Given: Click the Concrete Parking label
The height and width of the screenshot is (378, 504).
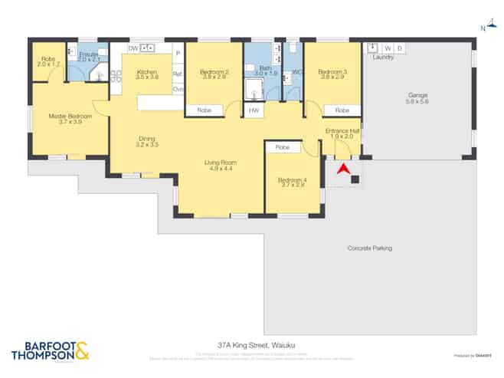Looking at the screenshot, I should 370,248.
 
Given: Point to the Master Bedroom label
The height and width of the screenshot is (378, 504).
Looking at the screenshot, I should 70,116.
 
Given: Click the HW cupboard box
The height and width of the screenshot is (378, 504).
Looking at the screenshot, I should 254,110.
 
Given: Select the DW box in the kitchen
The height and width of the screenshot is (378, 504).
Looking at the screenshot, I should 133,48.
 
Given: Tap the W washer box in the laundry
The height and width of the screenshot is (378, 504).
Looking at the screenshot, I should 387,48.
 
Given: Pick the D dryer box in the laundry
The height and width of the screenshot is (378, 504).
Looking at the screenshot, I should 399,48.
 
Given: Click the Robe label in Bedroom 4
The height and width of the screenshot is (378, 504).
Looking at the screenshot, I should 283,147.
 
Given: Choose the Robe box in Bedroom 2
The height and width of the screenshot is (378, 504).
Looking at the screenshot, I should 205,110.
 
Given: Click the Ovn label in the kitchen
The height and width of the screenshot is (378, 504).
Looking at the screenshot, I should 178,89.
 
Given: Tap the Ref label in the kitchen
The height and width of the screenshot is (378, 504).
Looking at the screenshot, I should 178,74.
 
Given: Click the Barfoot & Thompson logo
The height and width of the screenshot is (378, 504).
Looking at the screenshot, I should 50,350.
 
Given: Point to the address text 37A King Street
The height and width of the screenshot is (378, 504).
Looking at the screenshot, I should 251,346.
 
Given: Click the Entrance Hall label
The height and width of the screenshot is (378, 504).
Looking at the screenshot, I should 342,131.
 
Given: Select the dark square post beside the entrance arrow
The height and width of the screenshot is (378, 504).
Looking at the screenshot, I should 355,180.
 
